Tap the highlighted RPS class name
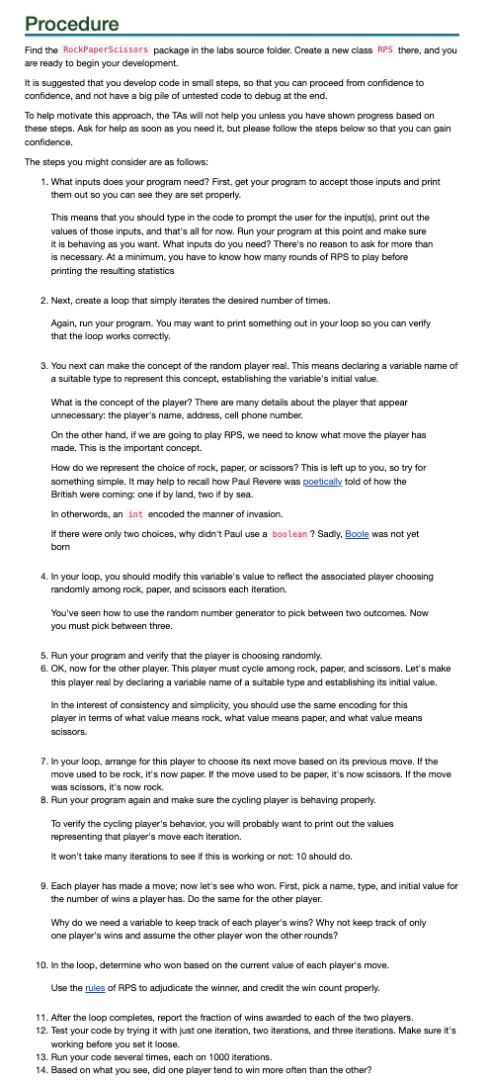coord(385,48)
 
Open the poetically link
coord(324,480)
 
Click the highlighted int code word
coord(135,514)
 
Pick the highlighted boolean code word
coord(289,535)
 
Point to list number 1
coord(42,182)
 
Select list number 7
coord(42,762)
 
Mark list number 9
coord(42,886)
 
